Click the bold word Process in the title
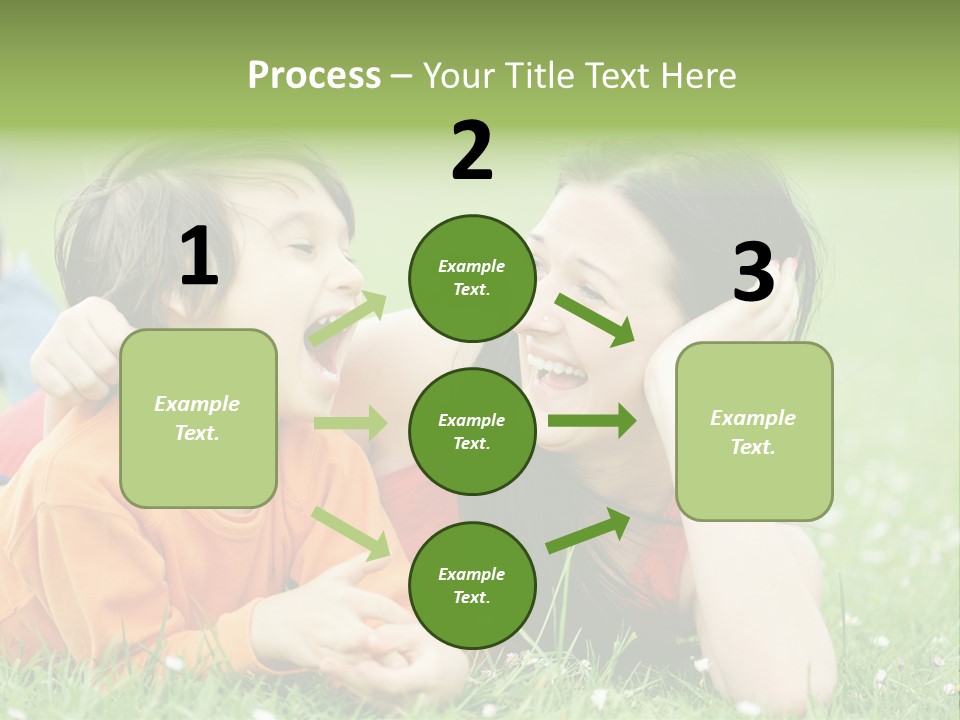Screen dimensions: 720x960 coord(314,75)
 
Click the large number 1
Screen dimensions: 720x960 coord(199,257)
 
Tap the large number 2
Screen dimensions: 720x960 coord(472,151)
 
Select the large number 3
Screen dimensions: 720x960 coord(753,273)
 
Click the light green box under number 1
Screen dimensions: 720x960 coord(198,418)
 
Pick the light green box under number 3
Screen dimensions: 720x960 coord(753,431)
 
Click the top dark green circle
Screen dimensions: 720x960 coord(471,278)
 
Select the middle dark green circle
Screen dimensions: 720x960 coord(471,431)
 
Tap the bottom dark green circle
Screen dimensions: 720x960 coord(471,585)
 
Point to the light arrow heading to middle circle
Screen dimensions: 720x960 coord(350,423)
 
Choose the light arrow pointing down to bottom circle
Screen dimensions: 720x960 coord(351,533)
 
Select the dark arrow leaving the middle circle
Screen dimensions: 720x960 coord(591,421)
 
